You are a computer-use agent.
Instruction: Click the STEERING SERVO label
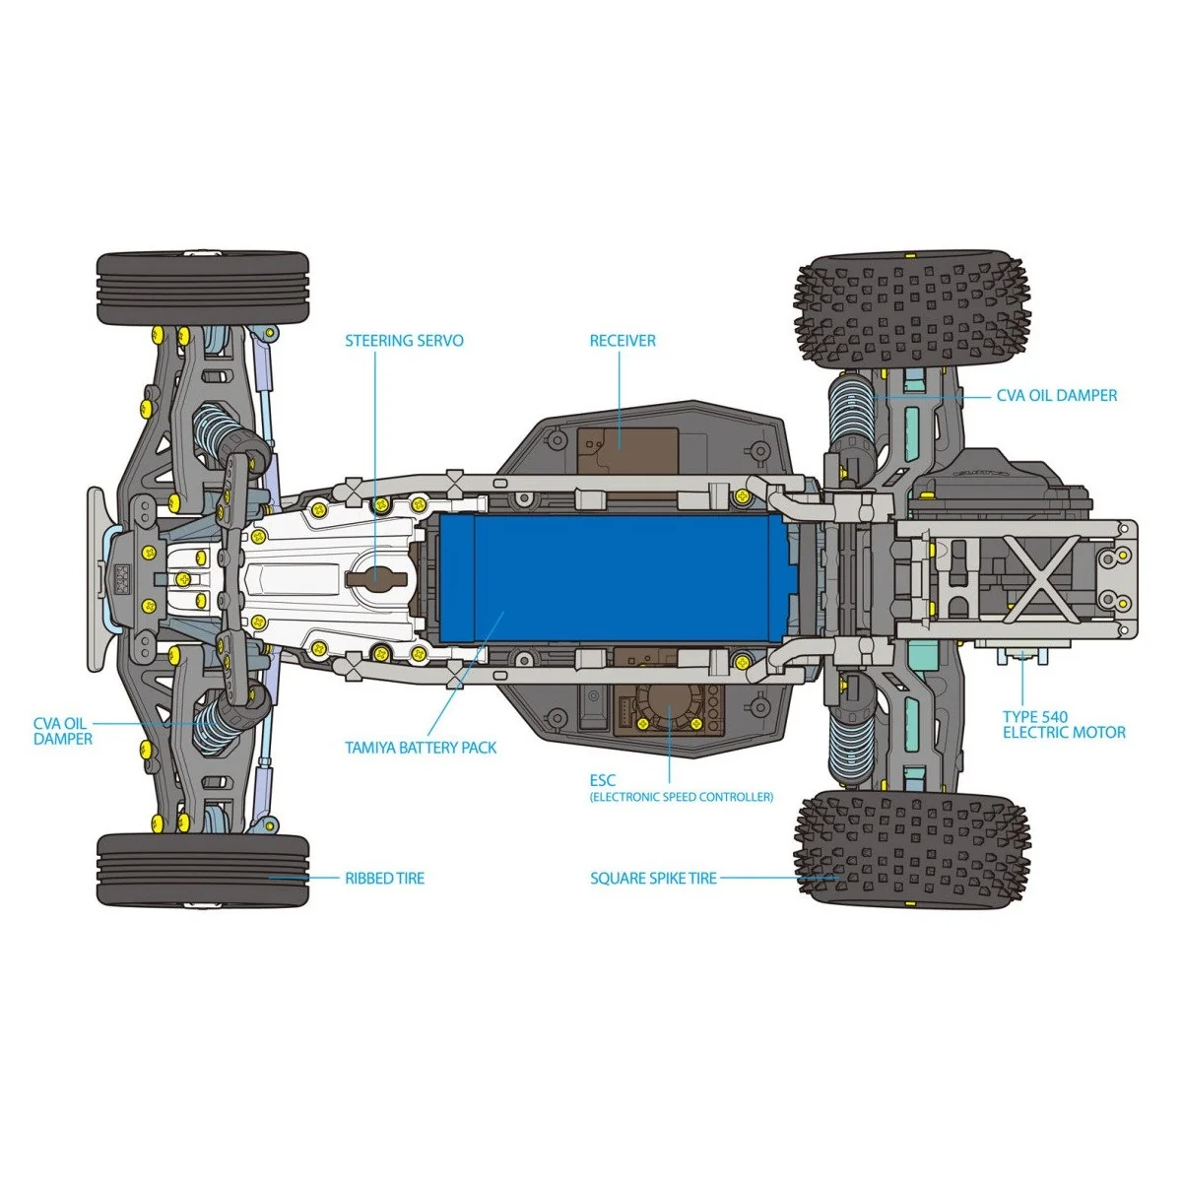point(404,341)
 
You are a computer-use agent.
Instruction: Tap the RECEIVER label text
point(623,341)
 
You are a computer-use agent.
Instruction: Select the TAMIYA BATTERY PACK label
point(421,748)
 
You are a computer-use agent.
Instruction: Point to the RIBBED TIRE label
point(384,878)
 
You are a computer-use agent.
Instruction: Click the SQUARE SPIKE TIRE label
point(653,878)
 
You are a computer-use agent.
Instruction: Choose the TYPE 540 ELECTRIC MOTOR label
point(1064,725)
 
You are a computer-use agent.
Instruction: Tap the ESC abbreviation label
point(603,780)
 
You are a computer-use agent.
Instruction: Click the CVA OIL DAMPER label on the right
point(1057,396)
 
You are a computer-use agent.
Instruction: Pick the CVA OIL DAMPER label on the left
point(63,731)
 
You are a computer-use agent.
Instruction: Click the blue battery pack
point(611,579)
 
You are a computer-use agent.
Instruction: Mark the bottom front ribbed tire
point(203,871)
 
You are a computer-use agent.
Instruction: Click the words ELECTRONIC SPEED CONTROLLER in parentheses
point(682,797)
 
